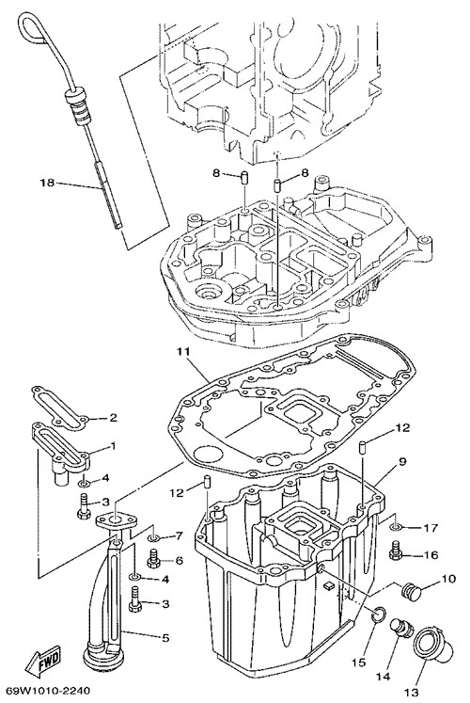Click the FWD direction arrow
tap(43, 659)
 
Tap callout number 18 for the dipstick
tap(47, 183)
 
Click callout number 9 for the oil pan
tap(401, 461)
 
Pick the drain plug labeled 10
tap(410, 590)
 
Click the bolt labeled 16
tap(396, 551)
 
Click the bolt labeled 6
tap(154, 557)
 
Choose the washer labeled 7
tap(154, 537)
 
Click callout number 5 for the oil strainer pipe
tap(165, 637)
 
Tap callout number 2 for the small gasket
tap(113, 418)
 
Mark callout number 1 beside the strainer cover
tap(113, 446)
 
